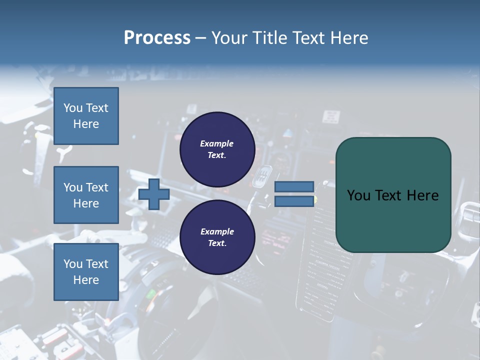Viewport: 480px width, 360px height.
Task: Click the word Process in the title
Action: tap(157, 38)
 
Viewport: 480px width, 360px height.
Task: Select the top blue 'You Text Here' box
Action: tap(86, 116)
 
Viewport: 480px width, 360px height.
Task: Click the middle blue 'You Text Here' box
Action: tap(86, 195)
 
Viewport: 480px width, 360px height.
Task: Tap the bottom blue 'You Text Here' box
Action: tap(86, 272)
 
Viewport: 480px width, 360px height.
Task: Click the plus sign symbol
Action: tap(154, 194)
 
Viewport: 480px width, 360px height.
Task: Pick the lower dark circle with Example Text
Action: tap(217, 237)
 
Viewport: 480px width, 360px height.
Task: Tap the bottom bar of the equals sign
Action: tap(294, 201)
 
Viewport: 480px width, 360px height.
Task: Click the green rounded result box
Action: tap(393, 195)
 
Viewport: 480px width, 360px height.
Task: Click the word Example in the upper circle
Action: tap(217, 143)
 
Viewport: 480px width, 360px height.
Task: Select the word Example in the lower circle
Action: tap(217, 231)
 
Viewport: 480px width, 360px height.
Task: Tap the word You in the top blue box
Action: tap(72, 108)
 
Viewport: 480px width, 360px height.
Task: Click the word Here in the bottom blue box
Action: tap(86, 280)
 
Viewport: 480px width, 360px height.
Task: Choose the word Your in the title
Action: tap(228, 38)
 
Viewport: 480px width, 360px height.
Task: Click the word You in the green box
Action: tap(358, 195)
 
